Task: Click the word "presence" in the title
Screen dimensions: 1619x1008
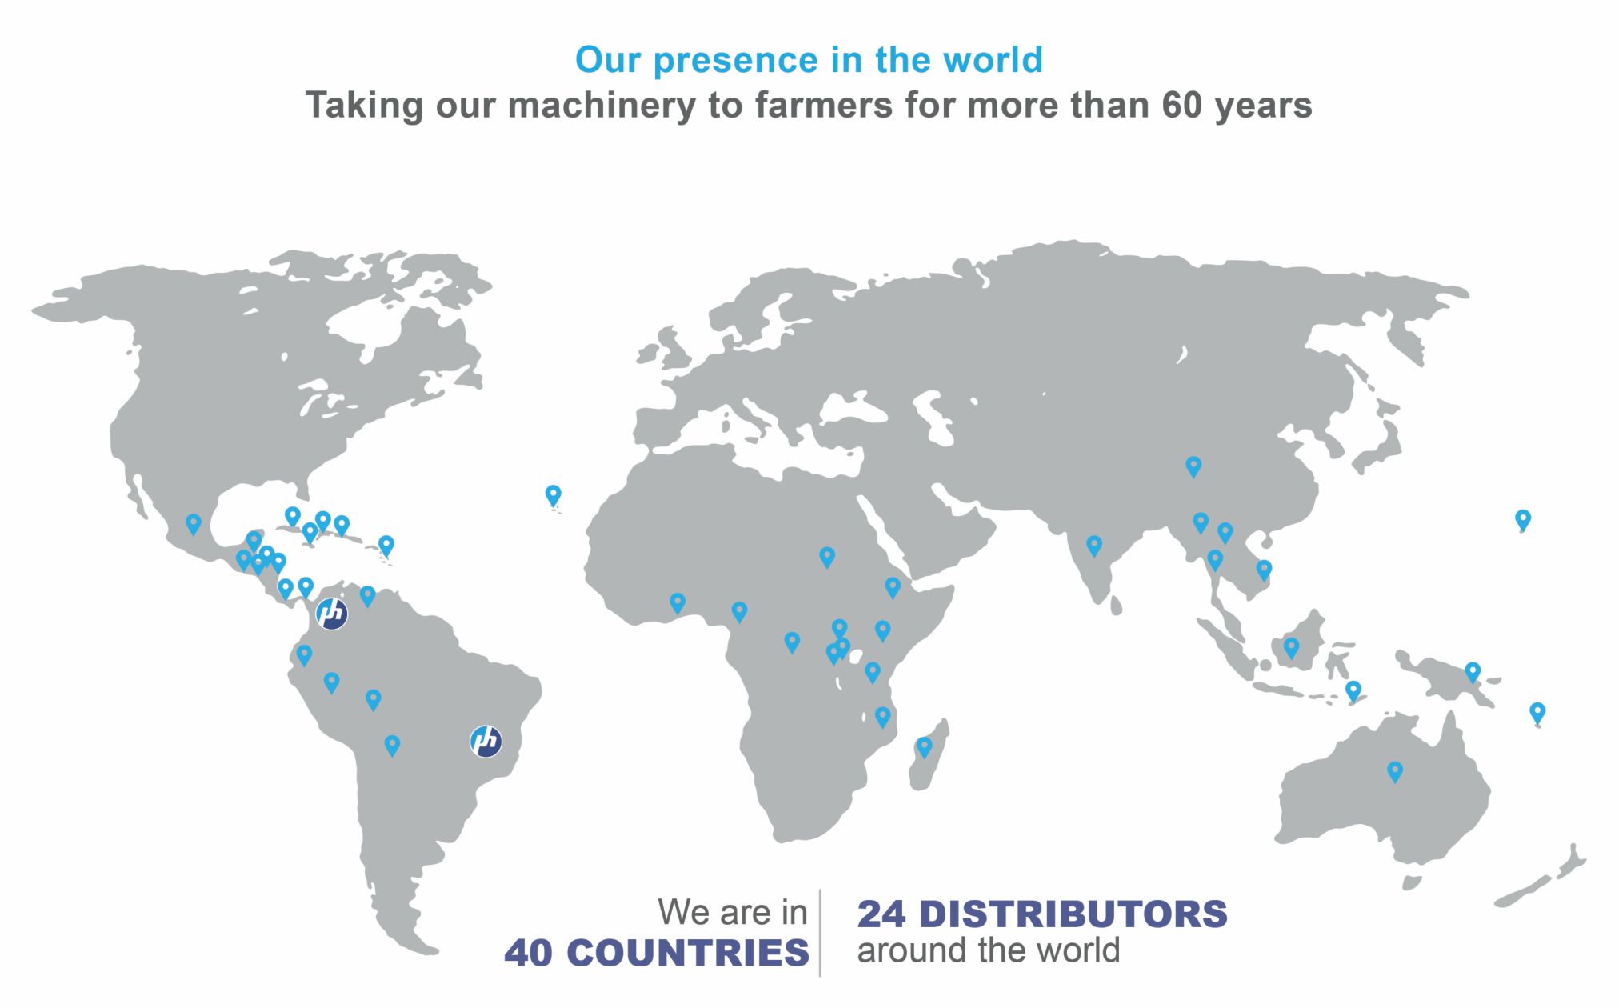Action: click(736, 61)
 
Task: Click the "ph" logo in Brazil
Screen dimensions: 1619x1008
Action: click(486, 741)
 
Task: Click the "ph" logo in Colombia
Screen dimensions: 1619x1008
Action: click(331, 614)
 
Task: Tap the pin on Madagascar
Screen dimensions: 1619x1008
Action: click(924, 748)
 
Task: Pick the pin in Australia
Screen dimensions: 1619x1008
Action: click(1394, 772)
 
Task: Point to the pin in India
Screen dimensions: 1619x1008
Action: click(1093, 546)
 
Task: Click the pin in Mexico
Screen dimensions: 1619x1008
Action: click(193, 525)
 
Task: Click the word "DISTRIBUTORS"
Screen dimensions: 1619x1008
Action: click(1073, 914)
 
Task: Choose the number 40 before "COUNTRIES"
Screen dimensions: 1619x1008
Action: click(530, 953)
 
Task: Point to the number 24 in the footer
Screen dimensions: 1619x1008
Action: click(881, 914)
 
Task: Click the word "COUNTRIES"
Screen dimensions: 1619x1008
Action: click(688, 953)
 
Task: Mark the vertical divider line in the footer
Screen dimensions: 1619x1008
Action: click(820, 933)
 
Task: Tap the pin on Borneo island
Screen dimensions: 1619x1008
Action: click(1291, 648)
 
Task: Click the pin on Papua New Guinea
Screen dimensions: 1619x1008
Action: click(1472, 672)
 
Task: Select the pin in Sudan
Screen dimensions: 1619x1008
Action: click(827, 557)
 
